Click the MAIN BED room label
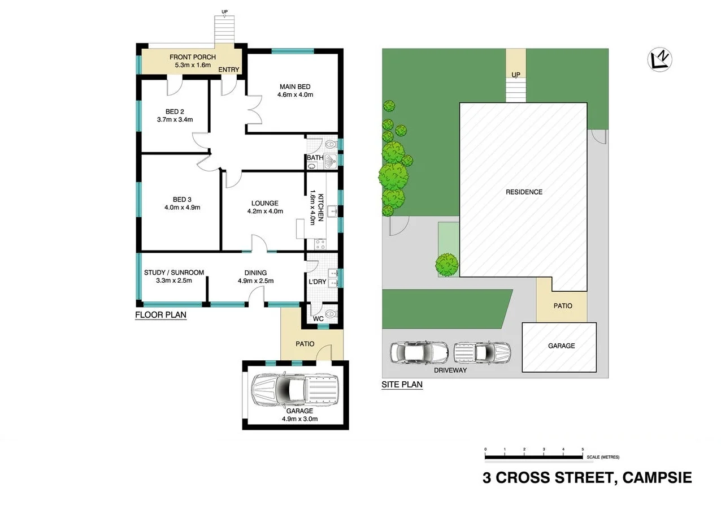295,87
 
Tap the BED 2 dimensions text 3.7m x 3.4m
175,119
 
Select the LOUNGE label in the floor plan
265,203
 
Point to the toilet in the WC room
331,312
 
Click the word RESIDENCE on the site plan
524,192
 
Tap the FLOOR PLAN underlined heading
160,315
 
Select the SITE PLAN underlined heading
402,385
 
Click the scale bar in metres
534,456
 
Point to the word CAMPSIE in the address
657,478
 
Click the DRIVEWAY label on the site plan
450,370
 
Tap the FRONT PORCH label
193,57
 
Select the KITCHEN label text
320,208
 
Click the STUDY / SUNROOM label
174,273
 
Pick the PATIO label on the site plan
562,305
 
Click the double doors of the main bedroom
253,109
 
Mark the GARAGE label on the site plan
561,346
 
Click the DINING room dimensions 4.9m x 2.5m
255,281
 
